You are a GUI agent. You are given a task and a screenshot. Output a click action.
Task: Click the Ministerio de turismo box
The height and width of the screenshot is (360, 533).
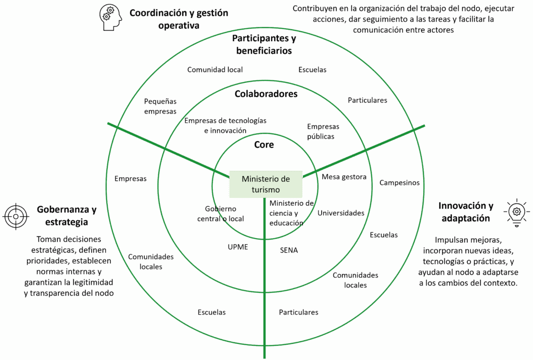tap(265, 184)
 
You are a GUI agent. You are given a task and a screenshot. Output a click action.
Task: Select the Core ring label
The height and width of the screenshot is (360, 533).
tap(264, 145)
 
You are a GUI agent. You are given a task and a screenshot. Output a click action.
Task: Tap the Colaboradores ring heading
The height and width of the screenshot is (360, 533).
tap(266, 94)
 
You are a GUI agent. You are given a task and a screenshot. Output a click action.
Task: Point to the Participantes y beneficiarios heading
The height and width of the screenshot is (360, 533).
tap(264, 45)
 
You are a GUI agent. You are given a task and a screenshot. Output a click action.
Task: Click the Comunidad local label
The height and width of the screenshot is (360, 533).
tap(215, 69)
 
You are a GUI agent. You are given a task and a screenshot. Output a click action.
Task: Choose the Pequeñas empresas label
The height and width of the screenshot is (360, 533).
tap(160, 106)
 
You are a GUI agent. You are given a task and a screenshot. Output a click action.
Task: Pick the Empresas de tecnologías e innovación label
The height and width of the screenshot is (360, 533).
tap(225, 126)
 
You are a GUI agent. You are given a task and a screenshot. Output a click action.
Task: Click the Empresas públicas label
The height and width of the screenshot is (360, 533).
tap(323, 131)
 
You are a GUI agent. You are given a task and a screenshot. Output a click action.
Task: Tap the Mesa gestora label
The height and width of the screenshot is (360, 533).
tap(344, 177)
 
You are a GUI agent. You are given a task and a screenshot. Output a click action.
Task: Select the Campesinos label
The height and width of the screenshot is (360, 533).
tap(399, 182)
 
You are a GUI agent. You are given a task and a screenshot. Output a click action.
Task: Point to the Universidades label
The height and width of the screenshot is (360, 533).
tap(341, 213)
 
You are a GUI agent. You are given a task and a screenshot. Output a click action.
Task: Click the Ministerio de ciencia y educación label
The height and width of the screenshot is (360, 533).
tap(291, 213)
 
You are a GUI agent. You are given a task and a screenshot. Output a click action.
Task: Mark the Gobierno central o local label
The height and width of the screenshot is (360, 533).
tap(221, 214)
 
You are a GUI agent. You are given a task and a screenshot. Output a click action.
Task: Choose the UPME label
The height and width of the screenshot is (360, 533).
tap(238, 247)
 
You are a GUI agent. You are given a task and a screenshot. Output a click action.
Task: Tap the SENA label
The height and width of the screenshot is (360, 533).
tap(289, 250)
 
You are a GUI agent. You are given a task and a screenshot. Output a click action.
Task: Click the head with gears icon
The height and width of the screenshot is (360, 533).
tap(110, 18)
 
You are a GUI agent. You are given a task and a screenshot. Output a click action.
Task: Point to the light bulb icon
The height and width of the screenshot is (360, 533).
tap(516, 212)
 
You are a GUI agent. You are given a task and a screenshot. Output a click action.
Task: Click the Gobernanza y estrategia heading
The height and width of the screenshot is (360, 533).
tap(66, 216)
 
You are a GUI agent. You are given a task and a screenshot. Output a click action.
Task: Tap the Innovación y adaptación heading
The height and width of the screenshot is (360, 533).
tap(465, 212)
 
